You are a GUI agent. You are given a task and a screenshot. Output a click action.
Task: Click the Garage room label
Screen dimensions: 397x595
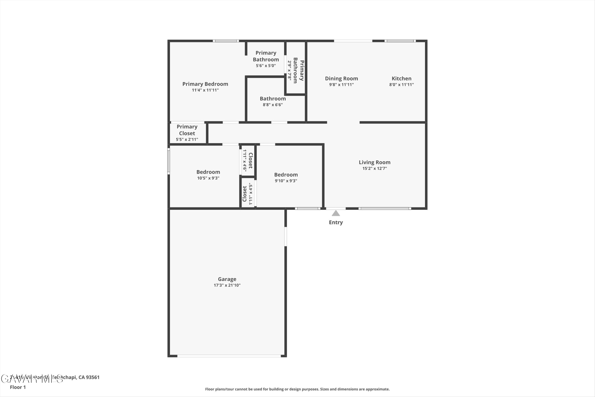pos(227,279)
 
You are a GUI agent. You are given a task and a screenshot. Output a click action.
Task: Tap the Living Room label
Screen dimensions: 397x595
pos(374,162)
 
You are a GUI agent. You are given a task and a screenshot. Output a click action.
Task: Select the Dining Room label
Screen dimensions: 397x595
pos(341,78)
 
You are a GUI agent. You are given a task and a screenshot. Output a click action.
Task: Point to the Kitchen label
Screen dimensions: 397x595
pos(401,78)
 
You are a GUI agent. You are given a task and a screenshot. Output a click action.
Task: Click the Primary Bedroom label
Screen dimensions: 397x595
pos(205,84)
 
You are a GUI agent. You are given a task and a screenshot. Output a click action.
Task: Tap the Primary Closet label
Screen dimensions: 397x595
pos(187,130)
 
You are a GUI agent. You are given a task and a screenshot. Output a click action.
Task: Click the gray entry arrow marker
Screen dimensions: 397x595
pos(336,213)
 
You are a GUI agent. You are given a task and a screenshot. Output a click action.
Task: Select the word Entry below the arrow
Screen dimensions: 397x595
pos(336,222)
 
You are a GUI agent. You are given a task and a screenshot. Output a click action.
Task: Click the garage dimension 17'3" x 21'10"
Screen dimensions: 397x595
pos(227,285)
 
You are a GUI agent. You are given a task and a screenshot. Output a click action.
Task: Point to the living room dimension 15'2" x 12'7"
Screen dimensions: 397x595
pos(374,168)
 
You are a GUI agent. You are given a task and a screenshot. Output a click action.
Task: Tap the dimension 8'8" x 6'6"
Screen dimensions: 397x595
pos(273,105)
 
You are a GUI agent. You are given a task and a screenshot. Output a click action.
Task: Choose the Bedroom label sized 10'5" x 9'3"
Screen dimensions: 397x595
pos(208,172)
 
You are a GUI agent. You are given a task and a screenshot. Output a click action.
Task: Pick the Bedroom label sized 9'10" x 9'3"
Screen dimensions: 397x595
pos(286,175)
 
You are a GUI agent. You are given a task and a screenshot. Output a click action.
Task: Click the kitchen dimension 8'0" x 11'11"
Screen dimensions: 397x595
pos(401,85)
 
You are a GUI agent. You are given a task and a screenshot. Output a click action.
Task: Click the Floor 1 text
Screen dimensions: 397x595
pos(18,387)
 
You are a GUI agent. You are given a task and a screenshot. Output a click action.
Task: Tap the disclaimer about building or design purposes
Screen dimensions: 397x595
pos(297,389)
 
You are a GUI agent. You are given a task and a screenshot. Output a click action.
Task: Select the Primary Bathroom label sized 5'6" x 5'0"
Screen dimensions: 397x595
pos(266,56)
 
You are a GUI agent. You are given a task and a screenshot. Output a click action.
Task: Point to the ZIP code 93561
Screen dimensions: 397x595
pos(93,377)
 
